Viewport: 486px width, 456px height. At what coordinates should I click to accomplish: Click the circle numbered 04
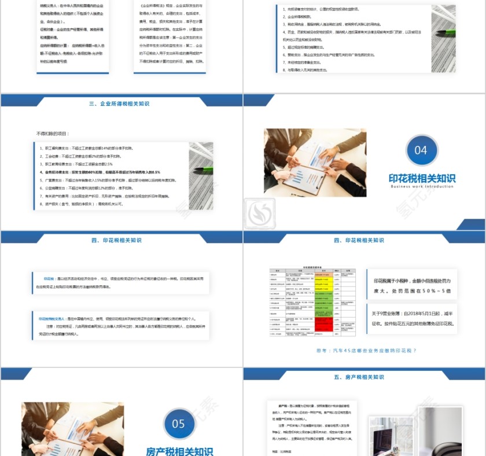pos(421,150)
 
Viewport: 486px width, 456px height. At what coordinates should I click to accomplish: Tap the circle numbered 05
pos(178,424)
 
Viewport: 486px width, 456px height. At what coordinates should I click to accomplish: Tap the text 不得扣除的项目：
pos(52,134)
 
